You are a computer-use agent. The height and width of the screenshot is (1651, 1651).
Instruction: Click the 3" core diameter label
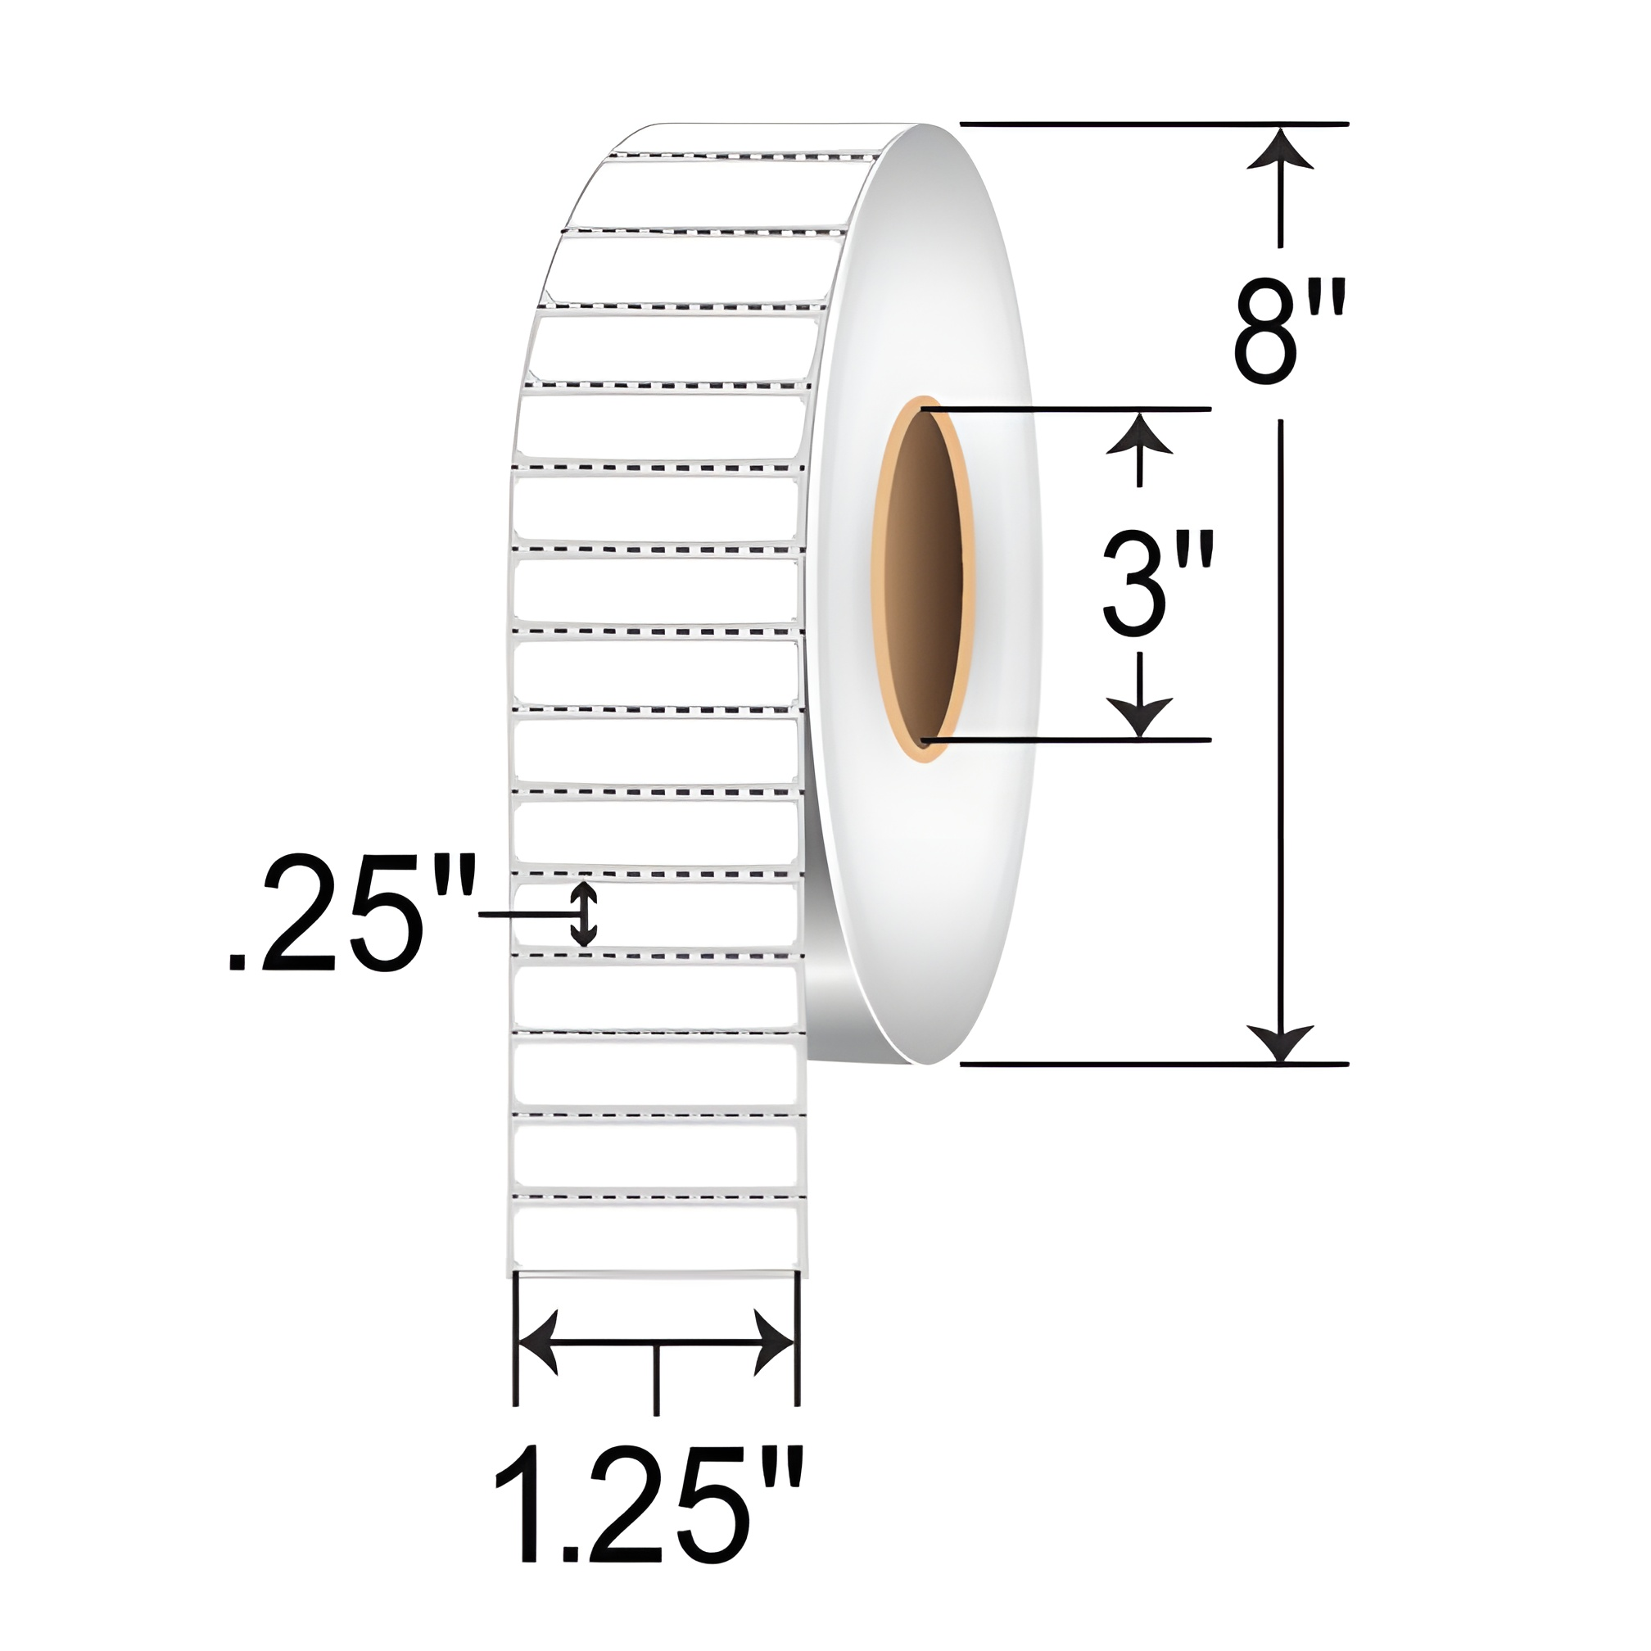pyautogui.click(x=1158, y=582)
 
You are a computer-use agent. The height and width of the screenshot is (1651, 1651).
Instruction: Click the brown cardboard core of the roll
pyautogui.click(x=923, y=578)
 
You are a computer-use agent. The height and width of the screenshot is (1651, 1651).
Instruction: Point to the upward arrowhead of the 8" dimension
pyautogui.click(x=1279, y=148)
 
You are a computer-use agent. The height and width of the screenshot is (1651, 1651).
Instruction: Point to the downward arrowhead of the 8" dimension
pyautogui.click(x=1279, y=1043)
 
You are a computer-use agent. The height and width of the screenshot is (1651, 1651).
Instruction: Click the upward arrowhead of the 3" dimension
pyautogui.click(x=1139, y=432)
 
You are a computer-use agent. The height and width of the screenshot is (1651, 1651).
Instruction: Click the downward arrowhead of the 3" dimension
pyautogui.click(x=1139, y=717)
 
